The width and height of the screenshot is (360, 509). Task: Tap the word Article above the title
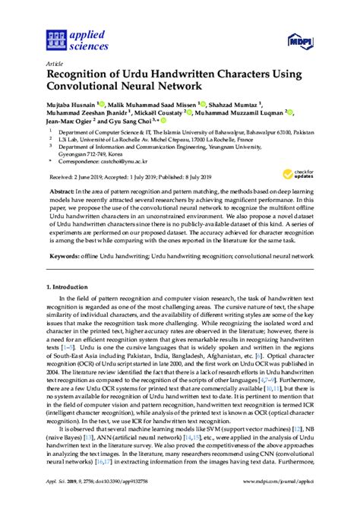pyautogui.click(x=55, y=63)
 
